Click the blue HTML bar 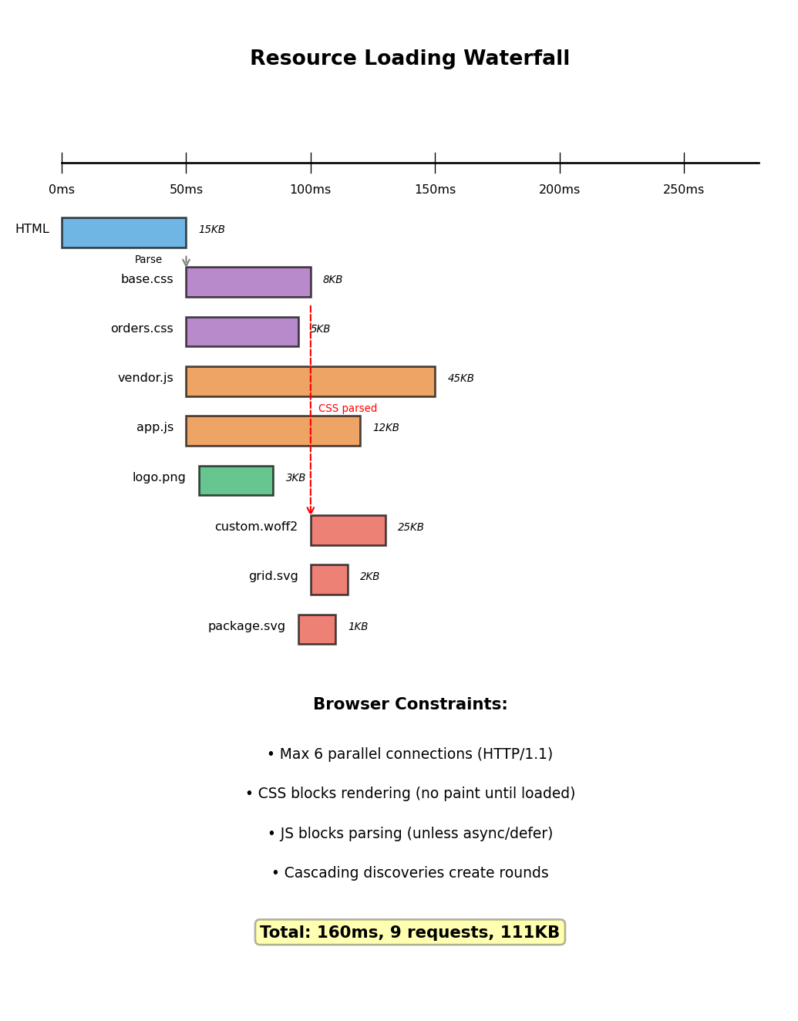click(x=123, y=232)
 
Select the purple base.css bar click(x=247, y=281)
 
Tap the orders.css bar click(x=241, y=332)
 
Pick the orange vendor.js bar click(x=310, y=381)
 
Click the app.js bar click(x=272, y=430)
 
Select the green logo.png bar click(x=235, y=480)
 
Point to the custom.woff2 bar click(x=348, y=530)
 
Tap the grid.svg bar click(x=329, y=579)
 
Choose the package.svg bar click(x=317, y=629)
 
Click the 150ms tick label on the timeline click(x=435, y=190)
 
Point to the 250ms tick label click(x=683, y=190)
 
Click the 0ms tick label click(x=62, y=190)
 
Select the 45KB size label click(x=460, y=379)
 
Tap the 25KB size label click(x=410, y=527)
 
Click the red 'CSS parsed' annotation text click(x=348, y=409)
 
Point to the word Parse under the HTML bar click(x=148, y=260)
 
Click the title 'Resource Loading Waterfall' click(x=409, y=59)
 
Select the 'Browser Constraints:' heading click(x=409, y=705)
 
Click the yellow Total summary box click(x=409, y=932)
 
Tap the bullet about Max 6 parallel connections click(x=409, y=754)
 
